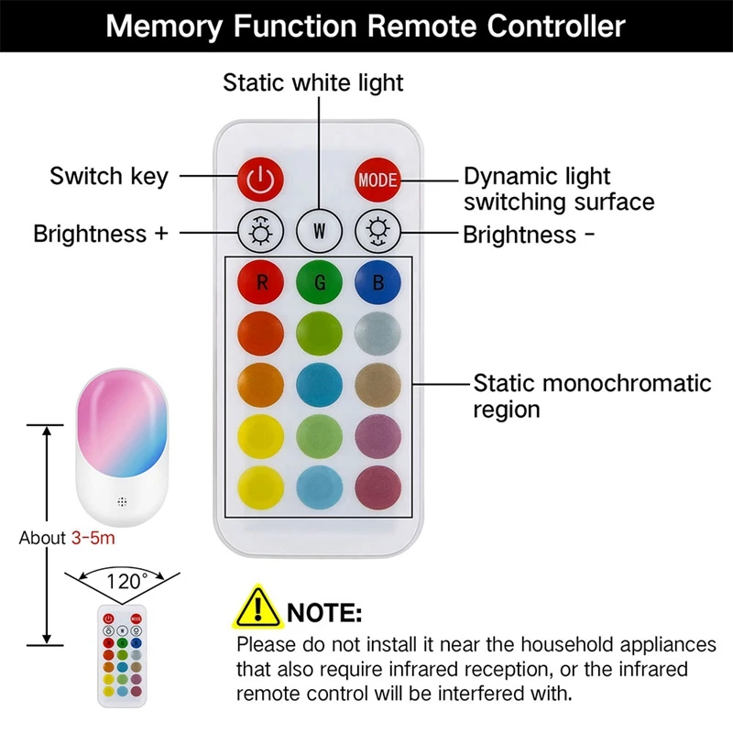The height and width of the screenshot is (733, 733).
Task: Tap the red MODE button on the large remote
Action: [377, 179]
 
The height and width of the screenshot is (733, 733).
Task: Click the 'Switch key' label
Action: [109, 176]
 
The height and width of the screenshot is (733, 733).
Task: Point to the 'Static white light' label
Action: [313, 82]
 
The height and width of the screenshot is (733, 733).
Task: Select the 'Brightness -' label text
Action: [529, 235]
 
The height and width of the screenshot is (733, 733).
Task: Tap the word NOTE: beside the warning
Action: [324, 611]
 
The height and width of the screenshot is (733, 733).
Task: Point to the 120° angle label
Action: [127, 580]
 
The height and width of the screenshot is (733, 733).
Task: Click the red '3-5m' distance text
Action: [93, 538]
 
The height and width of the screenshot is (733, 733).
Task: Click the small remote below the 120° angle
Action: [123, 655]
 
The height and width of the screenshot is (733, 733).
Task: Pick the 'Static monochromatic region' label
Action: [591, 395]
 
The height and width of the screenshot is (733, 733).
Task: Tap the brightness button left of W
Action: [262, 230]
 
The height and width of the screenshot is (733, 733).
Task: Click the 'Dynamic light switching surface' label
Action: [558, 188]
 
